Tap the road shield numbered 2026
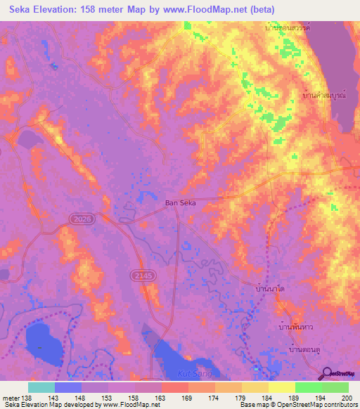(x=81, y=220)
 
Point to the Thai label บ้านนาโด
(x=270, y=290)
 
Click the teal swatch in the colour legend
(x=41, y=387)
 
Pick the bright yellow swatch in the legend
(x=281, y=387)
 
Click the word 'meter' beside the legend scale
(x=10, y=398)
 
